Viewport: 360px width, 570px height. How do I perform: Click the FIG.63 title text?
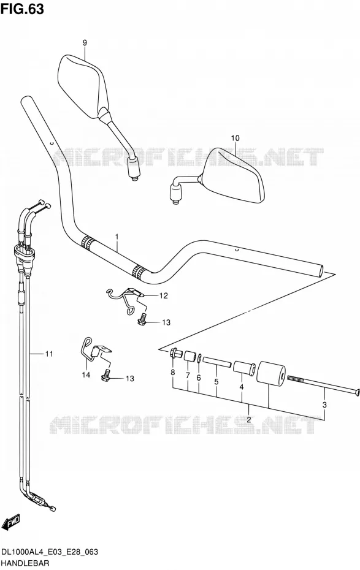(23, 9)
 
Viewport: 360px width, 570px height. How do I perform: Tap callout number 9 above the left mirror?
(85, 43)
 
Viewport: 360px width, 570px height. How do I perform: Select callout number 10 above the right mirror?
(236, 138)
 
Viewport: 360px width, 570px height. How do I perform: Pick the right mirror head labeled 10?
(232, 175)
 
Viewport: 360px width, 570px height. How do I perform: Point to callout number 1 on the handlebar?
(117, 237)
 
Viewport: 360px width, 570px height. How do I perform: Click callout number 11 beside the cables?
(50, 354)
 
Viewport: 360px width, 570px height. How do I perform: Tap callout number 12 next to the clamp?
(163, 296)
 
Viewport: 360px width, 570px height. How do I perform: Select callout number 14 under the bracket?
(86, 374)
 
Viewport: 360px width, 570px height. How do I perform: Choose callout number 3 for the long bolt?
(324, 405)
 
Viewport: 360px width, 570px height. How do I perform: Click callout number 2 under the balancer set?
(249, 419)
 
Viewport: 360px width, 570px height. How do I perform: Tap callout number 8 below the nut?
(173, 372)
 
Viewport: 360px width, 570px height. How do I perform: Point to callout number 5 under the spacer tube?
(216, 382)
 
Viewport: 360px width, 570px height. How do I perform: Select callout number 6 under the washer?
(199, 378)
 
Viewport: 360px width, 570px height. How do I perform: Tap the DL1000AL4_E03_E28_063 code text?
(50, 552)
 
